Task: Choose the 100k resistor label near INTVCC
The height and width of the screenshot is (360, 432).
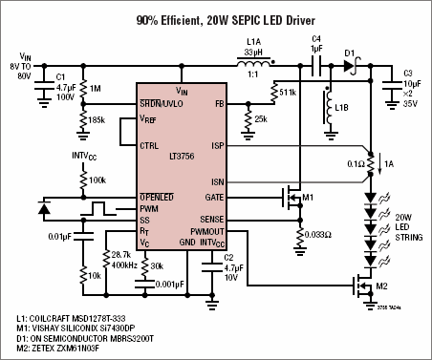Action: (98, 179)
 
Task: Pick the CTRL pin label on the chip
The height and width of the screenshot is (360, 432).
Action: (150, 146)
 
